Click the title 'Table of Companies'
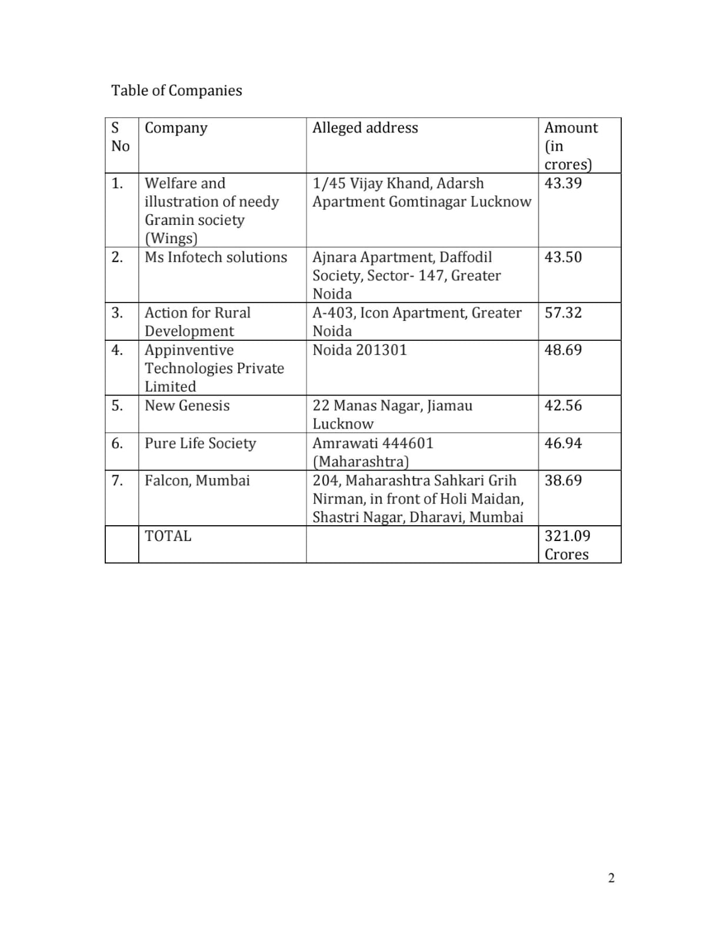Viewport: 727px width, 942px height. click(176, 91)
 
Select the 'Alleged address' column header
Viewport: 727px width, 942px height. click(365, 128)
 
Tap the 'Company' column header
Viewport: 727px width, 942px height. click(176, 128)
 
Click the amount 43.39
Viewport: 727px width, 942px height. click(563, 183)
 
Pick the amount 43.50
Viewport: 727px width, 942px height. click(563, 257)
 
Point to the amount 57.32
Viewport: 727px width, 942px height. click(563, 313)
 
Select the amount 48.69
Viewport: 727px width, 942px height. click(563, 350)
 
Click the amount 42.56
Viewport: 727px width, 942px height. click(563, 406)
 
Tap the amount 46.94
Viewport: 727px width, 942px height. click(563, 443)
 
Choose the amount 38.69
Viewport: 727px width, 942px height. click(563, 480)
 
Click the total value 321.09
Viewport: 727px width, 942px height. click(567, 536)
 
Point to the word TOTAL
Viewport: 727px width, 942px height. click(168, 536)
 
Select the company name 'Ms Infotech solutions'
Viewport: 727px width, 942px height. click(216, 257)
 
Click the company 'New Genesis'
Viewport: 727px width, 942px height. click(187, 406)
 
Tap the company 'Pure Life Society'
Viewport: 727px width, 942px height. click(200, 443)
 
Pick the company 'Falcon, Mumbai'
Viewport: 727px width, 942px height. click(197, 480)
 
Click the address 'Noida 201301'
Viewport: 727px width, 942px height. click(359, 350)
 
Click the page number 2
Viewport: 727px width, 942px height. click(611, 878)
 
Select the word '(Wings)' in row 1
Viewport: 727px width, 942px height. click(171, 238)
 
